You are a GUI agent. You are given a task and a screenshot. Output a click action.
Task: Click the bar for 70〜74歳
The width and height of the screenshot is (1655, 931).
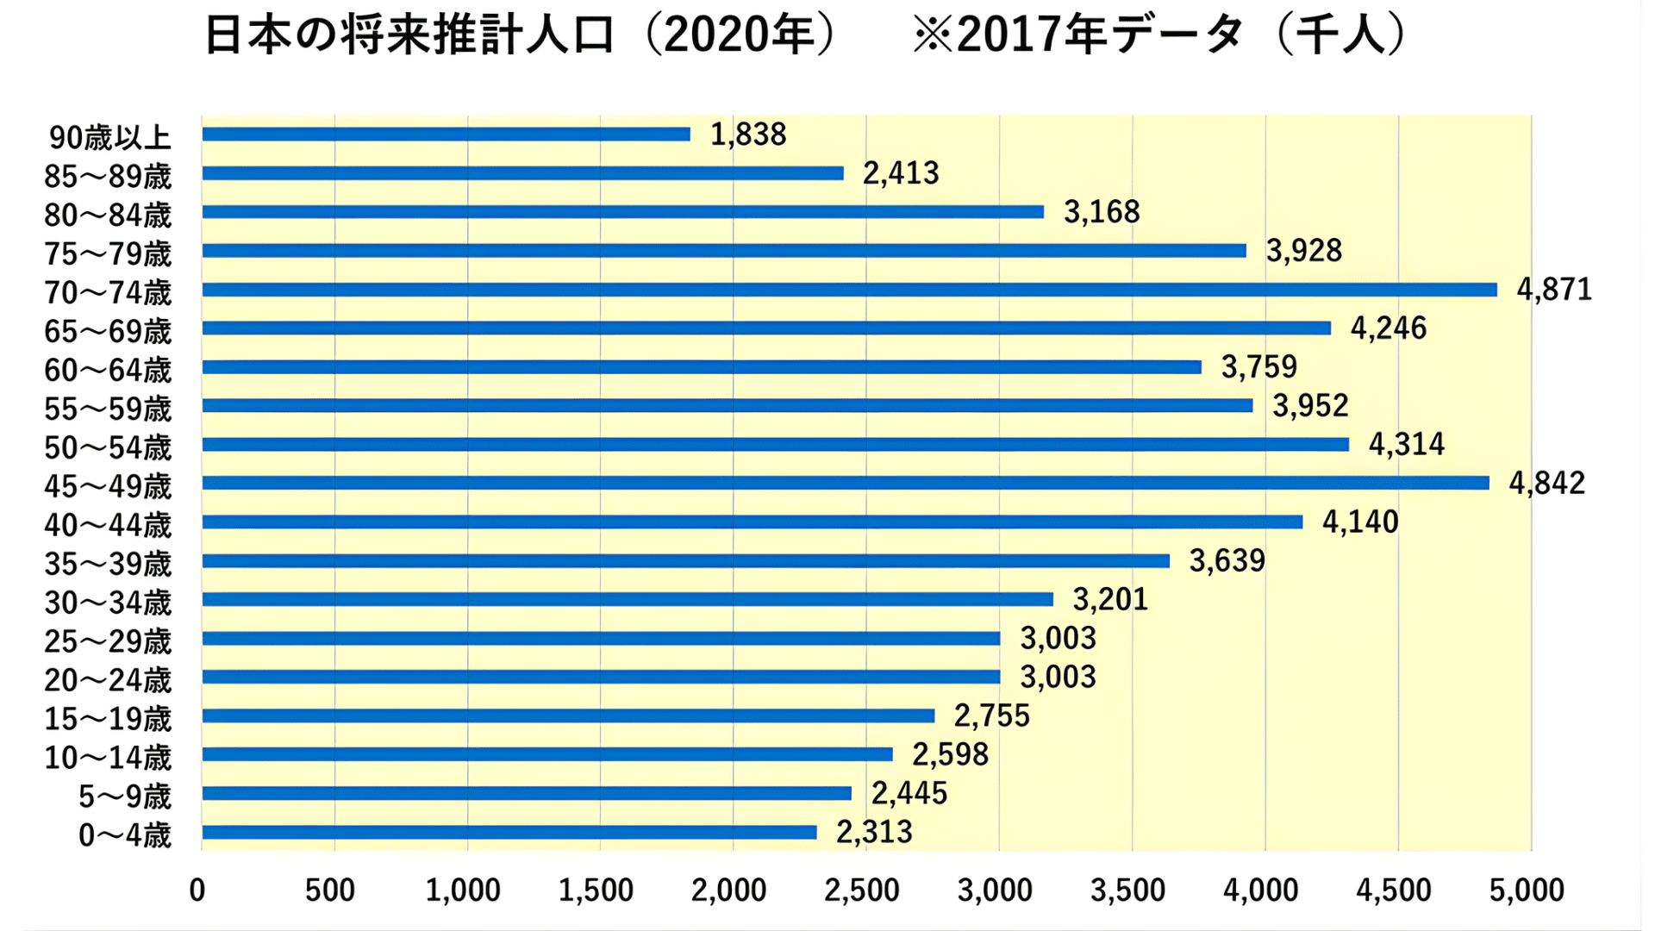tap(849, 290)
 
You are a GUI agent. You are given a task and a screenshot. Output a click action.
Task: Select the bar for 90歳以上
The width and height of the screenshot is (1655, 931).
tap(446, 134)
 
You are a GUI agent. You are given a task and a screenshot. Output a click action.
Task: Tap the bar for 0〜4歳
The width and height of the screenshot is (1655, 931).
tap(509, 832)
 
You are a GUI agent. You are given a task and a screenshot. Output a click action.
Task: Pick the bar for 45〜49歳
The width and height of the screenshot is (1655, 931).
tap(845, 483)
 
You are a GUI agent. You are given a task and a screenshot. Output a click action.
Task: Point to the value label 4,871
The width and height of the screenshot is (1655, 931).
tap(1554, 290)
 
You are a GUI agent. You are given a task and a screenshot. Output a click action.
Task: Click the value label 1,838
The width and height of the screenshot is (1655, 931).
tap(748, 134)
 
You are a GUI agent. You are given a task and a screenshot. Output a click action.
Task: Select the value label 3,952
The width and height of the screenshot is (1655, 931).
tap(1310, 405)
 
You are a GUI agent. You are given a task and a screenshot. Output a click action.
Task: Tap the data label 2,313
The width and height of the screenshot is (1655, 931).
tap(874, 832)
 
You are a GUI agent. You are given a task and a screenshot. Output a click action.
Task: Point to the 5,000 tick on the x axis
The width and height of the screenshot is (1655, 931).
tap(1527, 890)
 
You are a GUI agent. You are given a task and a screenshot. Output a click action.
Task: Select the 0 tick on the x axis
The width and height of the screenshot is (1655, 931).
tap(197, 890)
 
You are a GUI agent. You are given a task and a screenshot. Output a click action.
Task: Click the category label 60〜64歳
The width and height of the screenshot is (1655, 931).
tap(108, 371)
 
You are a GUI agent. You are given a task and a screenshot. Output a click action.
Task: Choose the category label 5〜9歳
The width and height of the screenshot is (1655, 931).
tap(125, 797)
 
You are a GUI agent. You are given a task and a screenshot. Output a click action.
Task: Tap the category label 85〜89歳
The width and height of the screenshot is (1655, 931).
tap(108, 177)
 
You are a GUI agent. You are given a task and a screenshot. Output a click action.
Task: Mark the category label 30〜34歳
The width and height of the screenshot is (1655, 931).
tap(108, 603)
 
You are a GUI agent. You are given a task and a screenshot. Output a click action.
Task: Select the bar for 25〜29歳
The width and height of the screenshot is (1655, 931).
tap(601, 639)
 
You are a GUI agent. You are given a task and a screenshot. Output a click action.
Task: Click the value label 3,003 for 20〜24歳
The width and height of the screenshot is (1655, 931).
tap(1058, 678)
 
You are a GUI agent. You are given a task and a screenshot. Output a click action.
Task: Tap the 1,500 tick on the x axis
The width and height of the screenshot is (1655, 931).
tap(596, 890)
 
